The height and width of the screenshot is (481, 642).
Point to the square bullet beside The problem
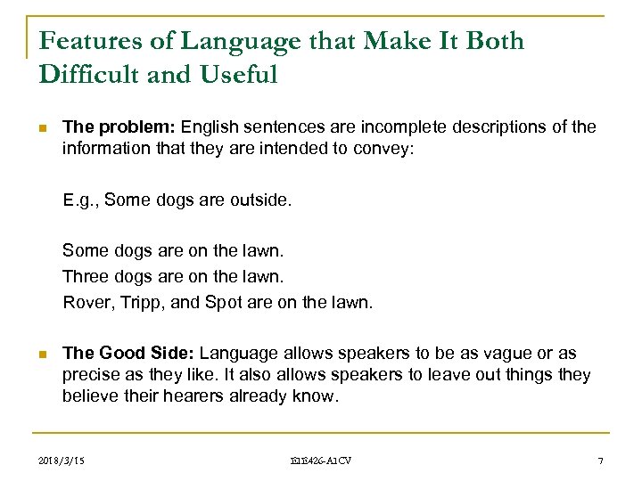pyautogui.click(x=43, y=127)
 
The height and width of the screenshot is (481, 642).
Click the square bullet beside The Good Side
pyautogui.click(x=43, y=355)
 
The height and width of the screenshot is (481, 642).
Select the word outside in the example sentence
pyautogui.click(x=263, y=200)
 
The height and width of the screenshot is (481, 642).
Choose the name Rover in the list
pyautogui.click(x=86, y=302)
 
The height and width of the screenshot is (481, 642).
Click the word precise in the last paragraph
pyautogui.click(x=87, y=375)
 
